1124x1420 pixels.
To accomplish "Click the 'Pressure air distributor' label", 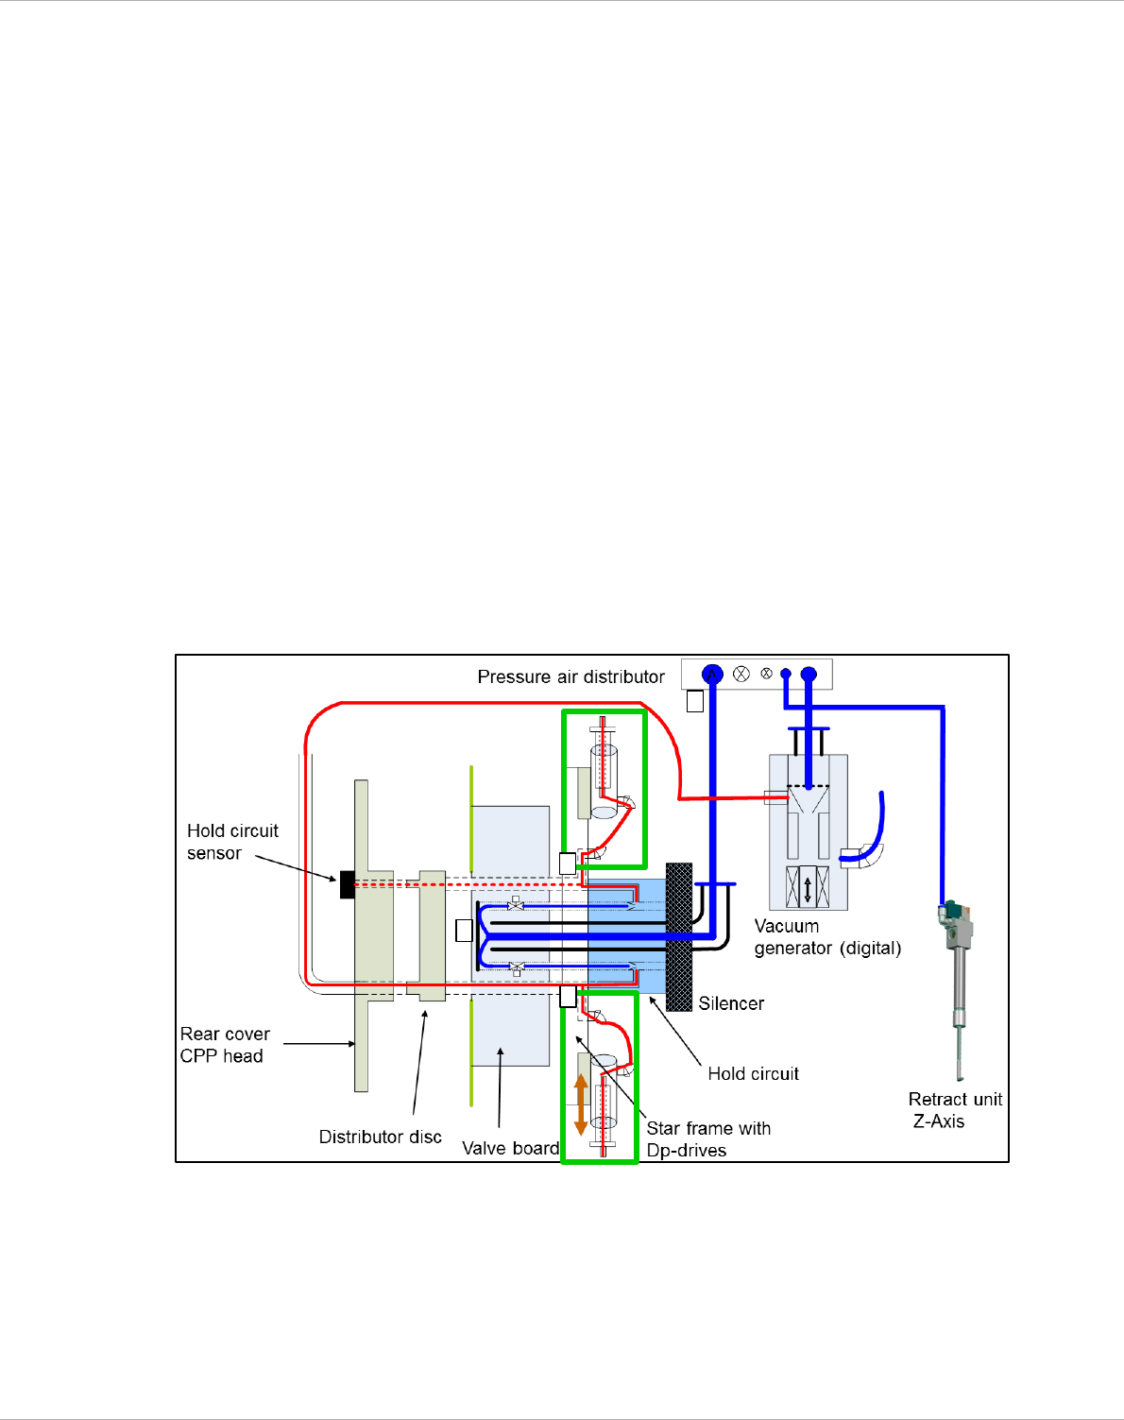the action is click(571, 676).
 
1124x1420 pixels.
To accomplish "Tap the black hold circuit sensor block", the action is click(347, 884).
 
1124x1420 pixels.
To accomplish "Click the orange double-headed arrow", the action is click(581, 1104).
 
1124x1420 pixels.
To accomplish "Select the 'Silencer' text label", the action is click(731, 1003).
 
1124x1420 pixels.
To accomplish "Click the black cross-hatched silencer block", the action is click(678, 936).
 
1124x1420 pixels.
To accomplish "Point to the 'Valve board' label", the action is click(510, 1148).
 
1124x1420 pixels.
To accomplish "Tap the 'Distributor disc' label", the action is click(380, 1137).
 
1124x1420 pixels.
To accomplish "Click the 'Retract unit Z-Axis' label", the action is click(954, 1110).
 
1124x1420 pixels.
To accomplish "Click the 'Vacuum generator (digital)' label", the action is click(827, 937).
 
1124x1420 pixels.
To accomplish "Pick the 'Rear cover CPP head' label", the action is click(225, 1045).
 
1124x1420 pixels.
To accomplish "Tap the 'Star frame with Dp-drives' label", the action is click(707, 1138).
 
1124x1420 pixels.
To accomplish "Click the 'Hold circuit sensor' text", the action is click(232, 842).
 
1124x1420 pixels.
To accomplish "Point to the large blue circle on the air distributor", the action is click(712, 674).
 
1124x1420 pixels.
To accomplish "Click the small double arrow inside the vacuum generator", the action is click(808, 888).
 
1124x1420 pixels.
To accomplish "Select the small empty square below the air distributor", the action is click(695, 701).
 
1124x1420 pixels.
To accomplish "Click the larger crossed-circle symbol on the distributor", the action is click(741, 674).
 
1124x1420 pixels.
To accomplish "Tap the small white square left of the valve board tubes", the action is click(464, 931).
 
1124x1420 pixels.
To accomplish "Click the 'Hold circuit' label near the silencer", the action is click(753, 1073).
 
